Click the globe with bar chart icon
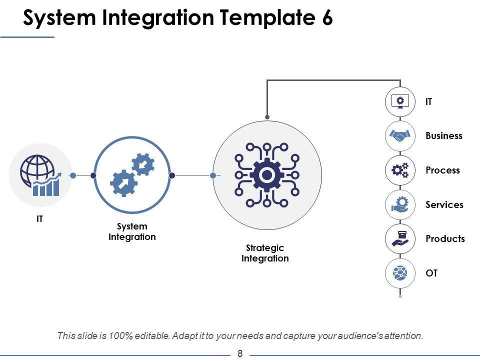[x=40, y=175]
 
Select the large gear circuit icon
[x=267, y=175]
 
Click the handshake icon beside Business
[x=400, y=135]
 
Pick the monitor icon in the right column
[x=400, y=101]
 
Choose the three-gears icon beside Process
[x=400, y=170]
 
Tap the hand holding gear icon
[x=400, y=204]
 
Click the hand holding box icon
[x=400, y=239]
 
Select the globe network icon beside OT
[x=400, y=273]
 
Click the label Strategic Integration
[x=265, y=253]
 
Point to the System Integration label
[x=132, y=231]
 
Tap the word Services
[x=444, y=205]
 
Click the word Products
[x=445, y=239]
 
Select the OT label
[x=431, y=273]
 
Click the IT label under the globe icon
[x=40, y=219]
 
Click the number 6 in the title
[x=327, y=17]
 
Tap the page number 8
[x=240, y=354]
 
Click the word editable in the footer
[x=152, y=336]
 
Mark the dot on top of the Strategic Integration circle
[x=267, y=117]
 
